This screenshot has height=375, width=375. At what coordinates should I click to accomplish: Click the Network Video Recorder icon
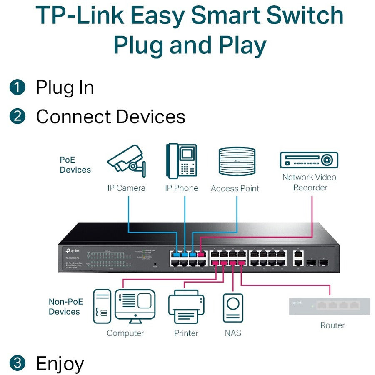point(308,160)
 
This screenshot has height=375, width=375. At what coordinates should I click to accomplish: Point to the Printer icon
point(186,308)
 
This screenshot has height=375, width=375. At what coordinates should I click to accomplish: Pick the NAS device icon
point(232,308)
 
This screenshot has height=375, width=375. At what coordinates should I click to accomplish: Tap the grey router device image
point(330,306)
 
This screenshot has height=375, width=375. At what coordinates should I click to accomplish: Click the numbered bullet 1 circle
point(17,87)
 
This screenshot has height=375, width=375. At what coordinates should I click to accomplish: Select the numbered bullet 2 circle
point(17,116)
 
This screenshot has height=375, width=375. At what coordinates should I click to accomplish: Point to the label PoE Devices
point(75,165)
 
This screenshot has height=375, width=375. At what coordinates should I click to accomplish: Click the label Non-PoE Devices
point(66,306)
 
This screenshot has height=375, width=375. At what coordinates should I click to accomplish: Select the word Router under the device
point(332,325)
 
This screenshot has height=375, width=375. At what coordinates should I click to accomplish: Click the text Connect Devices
point(110,116)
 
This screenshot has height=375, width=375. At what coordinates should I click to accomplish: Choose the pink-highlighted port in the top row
point(202,253)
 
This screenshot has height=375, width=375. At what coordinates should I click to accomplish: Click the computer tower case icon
point(101,306)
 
